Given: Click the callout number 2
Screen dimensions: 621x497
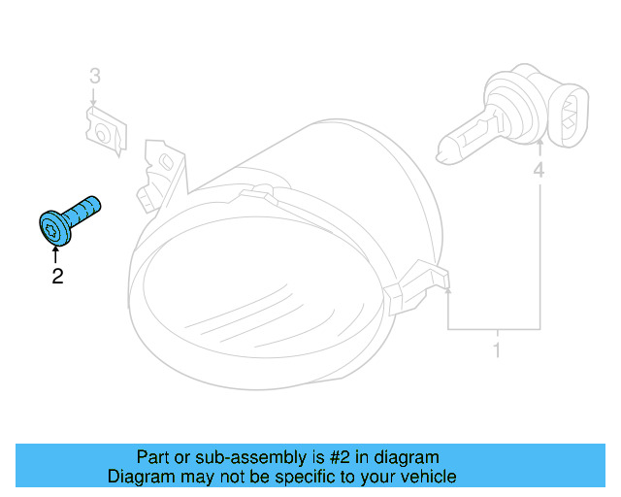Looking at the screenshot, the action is click(x=57, y=277).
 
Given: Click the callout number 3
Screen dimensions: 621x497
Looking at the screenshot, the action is click(x=94, y=75).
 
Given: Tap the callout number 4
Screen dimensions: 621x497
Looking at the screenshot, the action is click(x=539, y=172).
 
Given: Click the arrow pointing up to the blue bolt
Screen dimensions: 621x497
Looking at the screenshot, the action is click(x=56, y=255).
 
